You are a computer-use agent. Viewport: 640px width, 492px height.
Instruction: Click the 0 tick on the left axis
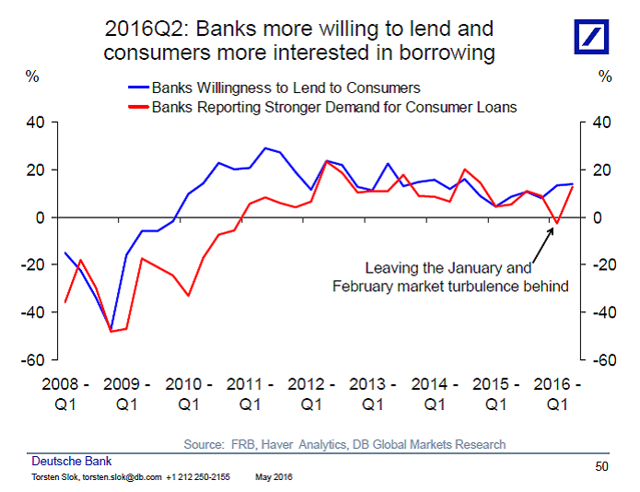pos(44,217)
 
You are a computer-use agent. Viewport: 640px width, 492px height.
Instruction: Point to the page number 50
pos(601,466)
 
